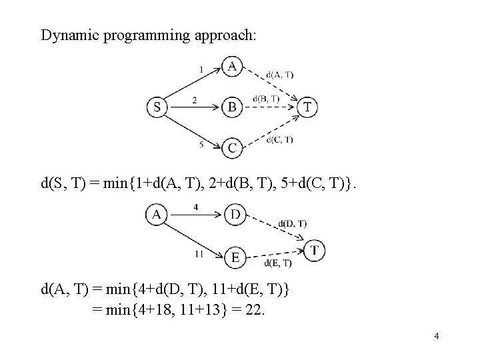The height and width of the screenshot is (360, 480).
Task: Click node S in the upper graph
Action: pyautogui.click(x=157, y=107)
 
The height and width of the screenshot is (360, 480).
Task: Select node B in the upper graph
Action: pyautogui.click(x=231, y=107)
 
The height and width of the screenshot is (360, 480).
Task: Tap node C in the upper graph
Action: pyautogui.click(x=231, y=148)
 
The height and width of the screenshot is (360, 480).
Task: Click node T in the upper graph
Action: pyautogui.click(x=307, y=107)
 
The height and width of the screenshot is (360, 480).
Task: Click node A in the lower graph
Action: pyautogui.click(x=156, y=214)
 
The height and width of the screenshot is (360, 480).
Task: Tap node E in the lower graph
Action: pyautogui.click(x=235, y=256)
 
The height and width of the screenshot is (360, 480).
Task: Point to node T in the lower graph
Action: pyautogui.click(x=315, y=251)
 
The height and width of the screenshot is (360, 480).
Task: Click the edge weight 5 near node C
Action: pyautogui.click(x=202, y=143)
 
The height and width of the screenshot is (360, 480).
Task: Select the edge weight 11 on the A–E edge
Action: pyautogui.click(x=199, y=253)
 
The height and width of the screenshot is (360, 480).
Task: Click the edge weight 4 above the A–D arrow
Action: pyautogui.click(x=195, y=207)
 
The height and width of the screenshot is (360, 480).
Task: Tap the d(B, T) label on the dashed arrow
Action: pyautogui.click(x=266, y=99)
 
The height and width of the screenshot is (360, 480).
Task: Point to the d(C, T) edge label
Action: pyautogui.click(x=279, y=139)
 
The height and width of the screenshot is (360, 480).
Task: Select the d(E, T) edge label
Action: pyautogui.click(x=278, y=263)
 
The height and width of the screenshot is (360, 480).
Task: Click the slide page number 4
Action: pyautogui.click(x=436, y=336)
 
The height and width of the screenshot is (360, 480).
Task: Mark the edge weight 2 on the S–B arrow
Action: pyautogui.click(x=194, y=100)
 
